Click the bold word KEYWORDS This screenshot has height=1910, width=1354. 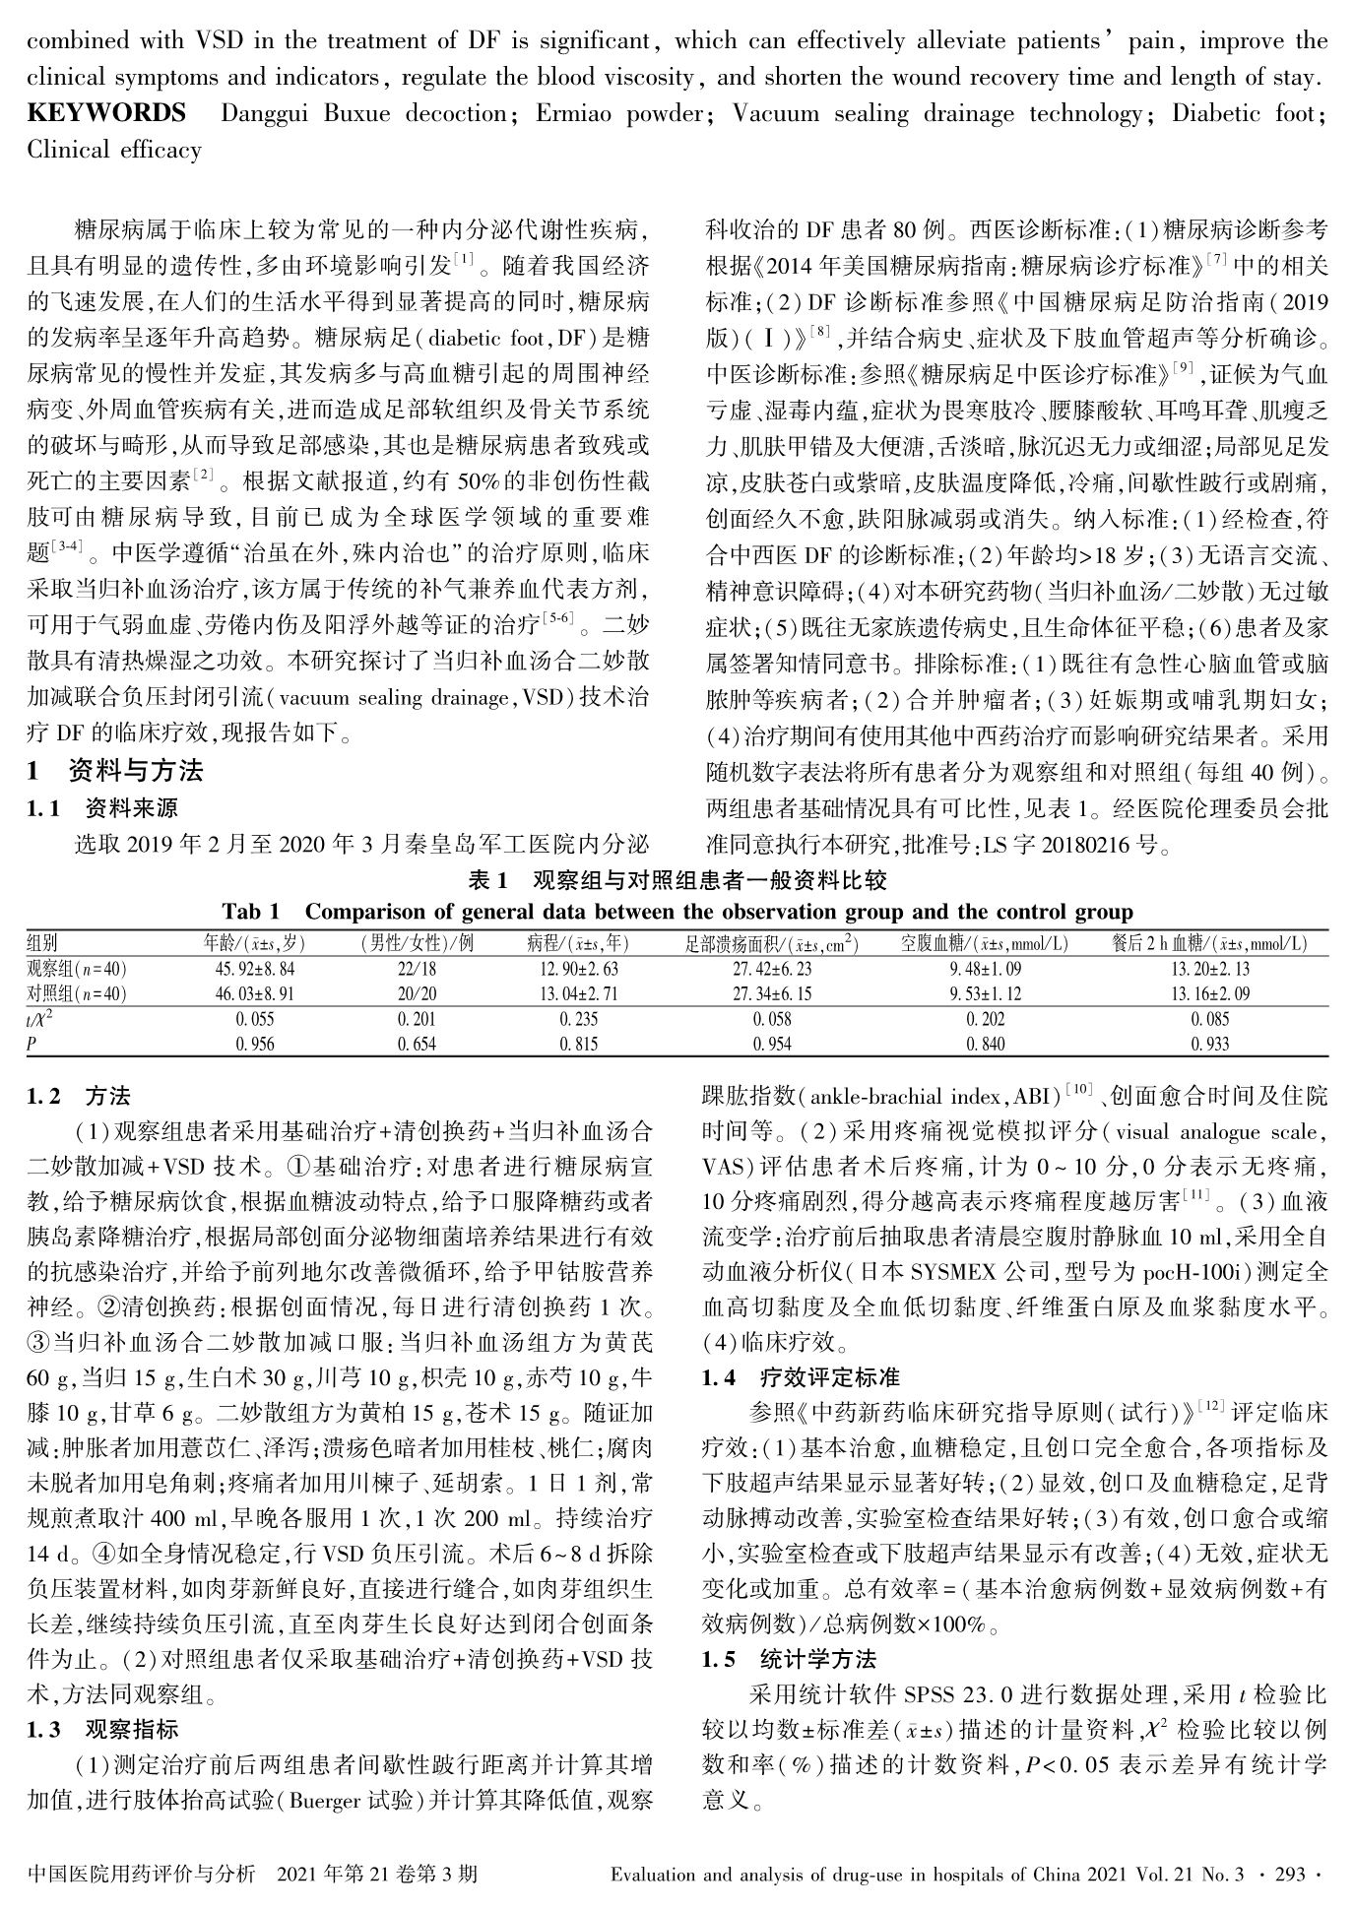[106, 113]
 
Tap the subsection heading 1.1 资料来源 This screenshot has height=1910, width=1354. [102, 808]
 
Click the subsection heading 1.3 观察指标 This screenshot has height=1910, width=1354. [102, 1729]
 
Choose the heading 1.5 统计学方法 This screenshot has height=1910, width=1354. [788, 1659]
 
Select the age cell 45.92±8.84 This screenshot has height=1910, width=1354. [255, 969]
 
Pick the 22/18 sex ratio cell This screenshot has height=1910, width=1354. [417, 969]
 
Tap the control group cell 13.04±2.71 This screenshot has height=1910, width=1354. [578, 994]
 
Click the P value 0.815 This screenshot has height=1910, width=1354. [578, 1045]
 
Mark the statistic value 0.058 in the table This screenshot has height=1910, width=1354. [772, 1020]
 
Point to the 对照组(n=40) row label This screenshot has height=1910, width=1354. [77, 994]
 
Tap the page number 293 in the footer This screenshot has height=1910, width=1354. [1290, 1874]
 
